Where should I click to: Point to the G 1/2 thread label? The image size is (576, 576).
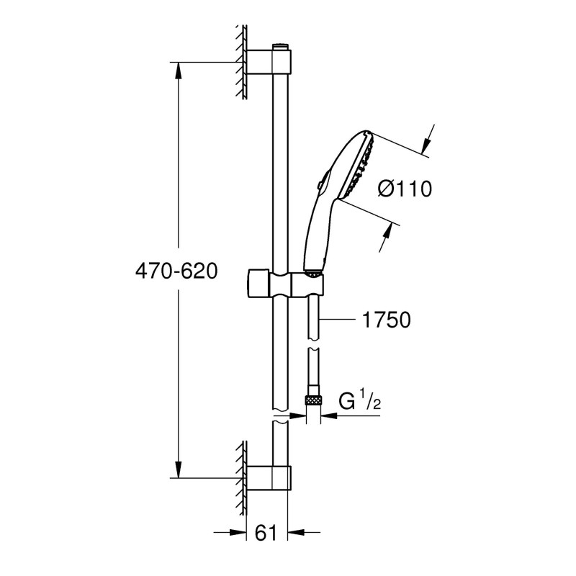coord(359,401)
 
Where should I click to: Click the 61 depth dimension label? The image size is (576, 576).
coord(266,533)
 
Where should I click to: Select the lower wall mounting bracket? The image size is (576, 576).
coord(269,477)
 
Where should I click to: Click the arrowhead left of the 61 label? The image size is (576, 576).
coord(238,534)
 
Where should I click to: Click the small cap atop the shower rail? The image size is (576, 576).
coord(279,48)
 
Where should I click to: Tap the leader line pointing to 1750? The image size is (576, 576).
coord(342,319)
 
